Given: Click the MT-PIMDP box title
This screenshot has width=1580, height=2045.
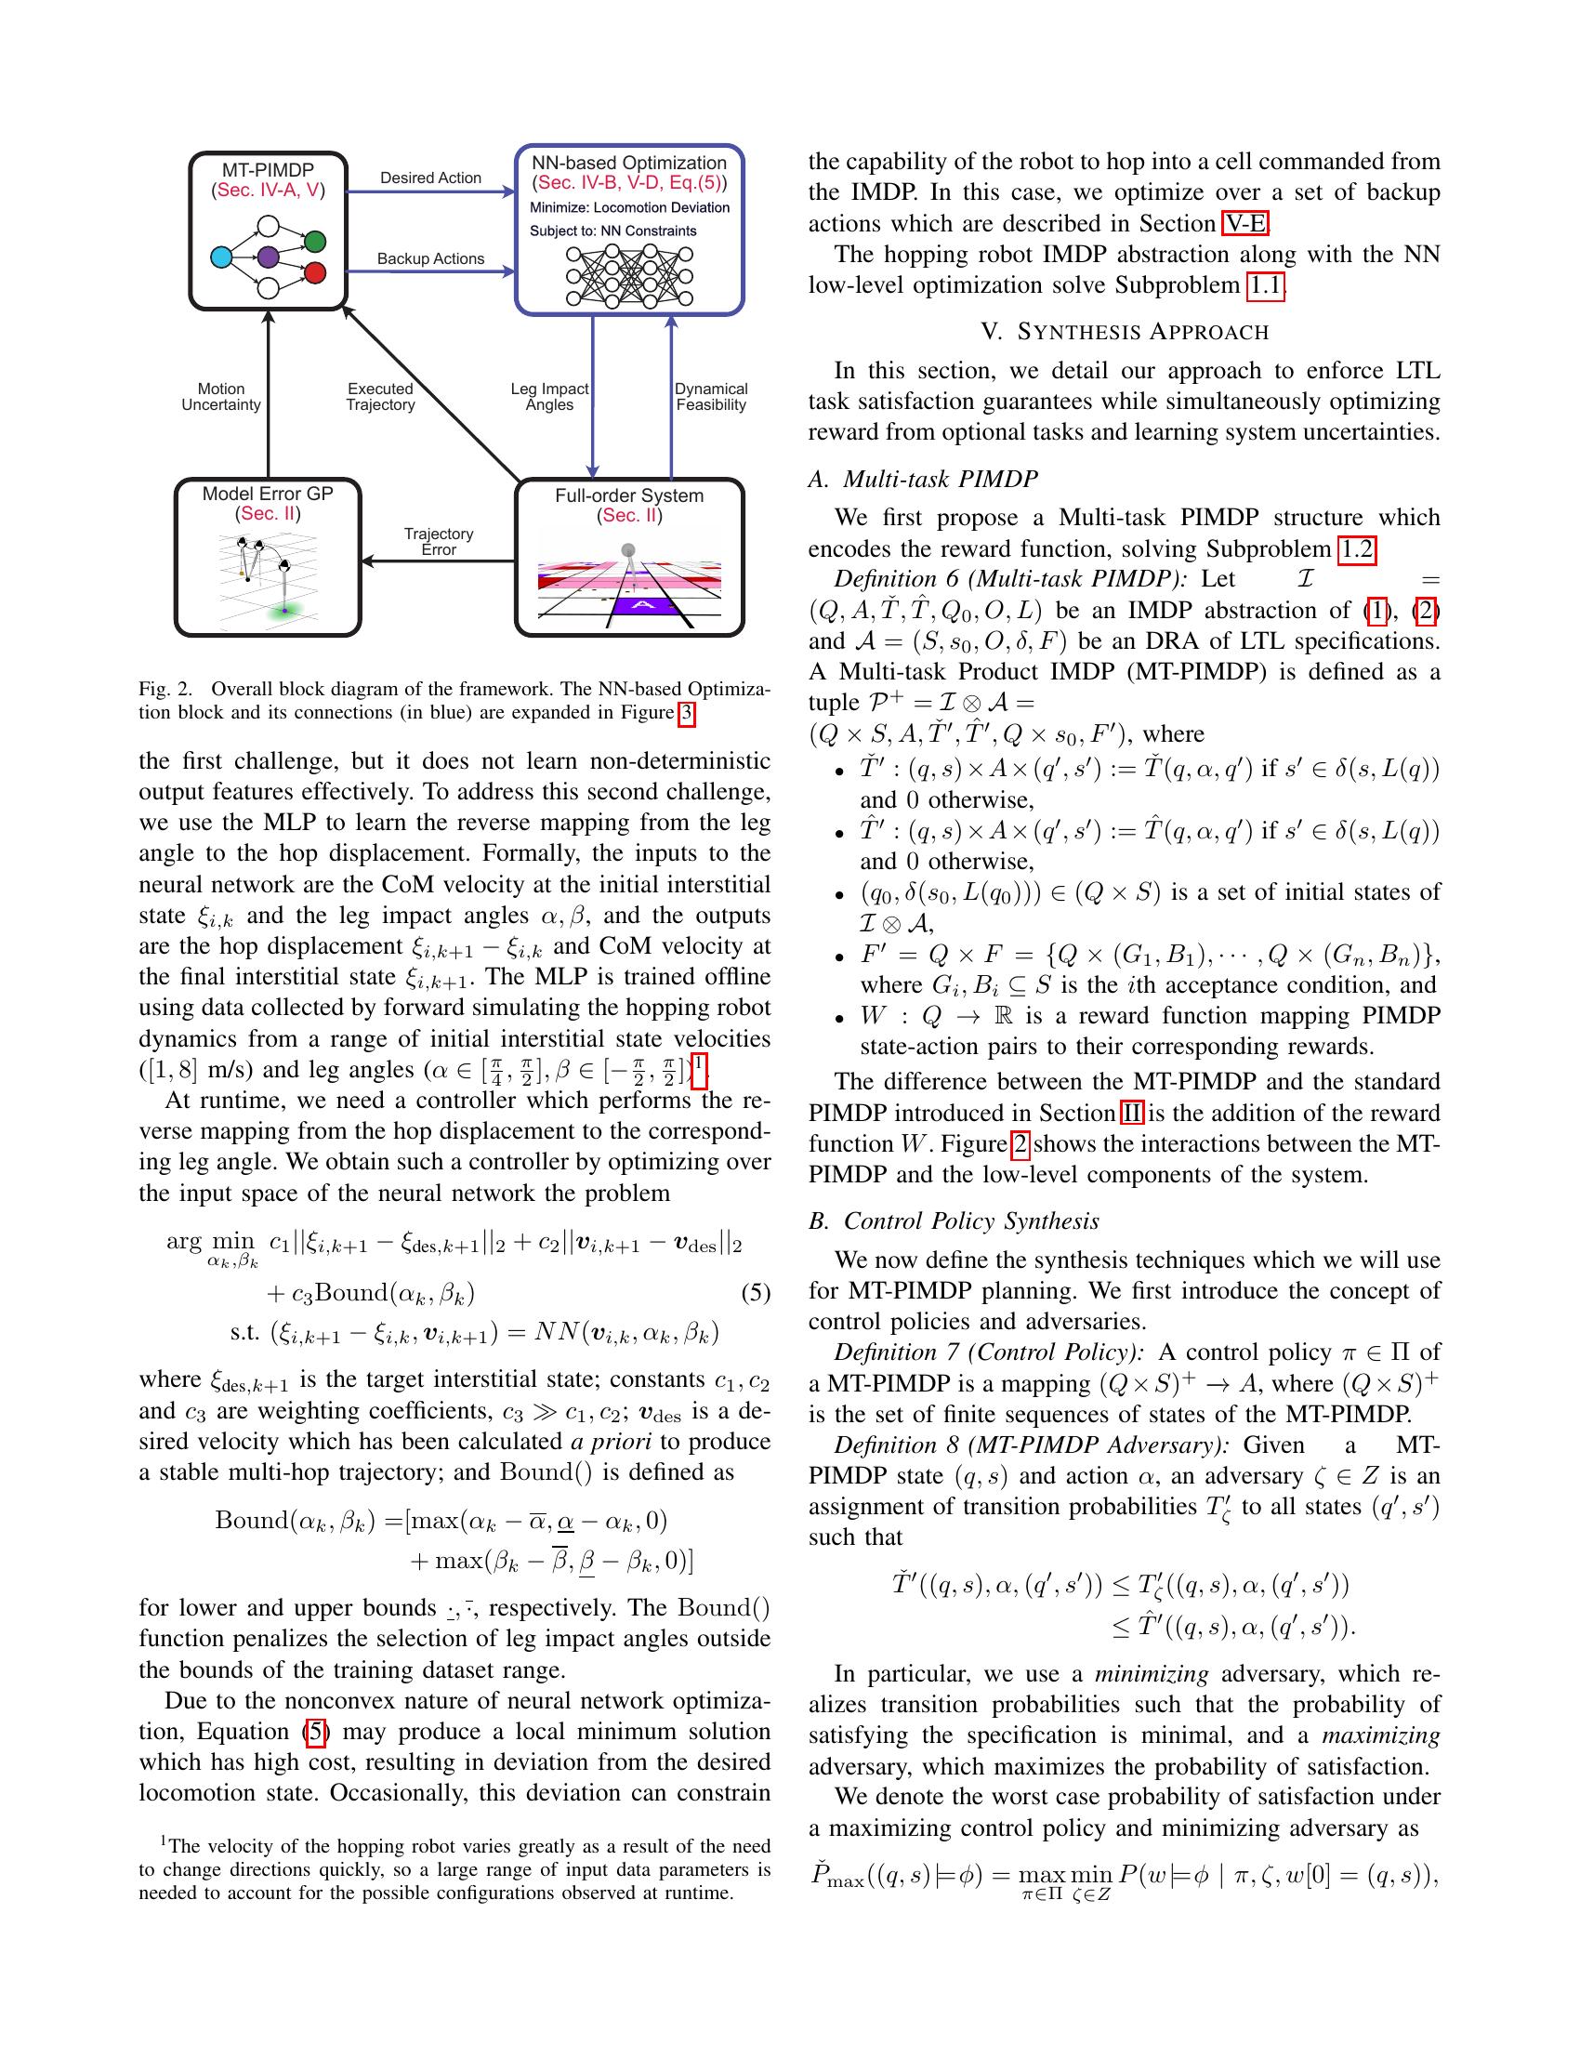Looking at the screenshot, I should pyautogui.click(x=268, y=169).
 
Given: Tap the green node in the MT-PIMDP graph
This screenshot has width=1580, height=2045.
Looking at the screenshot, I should pyautogui.click(x=315, y=242).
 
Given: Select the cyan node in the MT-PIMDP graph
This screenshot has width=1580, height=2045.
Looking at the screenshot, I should pyautogui.click(x=221, y=257).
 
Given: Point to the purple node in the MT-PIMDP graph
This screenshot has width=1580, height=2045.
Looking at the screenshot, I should pyautogui.click(x=268, y=257).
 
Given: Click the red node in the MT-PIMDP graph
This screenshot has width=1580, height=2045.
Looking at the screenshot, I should pyautogui.click(x=315, y=272).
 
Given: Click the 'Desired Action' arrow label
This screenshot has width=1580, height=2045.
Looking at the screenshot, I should pyautogui.click(x=430, y=178).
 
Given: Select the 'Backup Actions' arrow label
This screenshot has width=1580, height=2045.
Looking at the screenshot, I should pyautogui.click(x=430, y=258).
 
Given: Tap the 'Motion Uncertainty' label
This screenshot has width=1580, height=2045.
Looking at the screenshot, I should pyautogui.click(x=221, y=396).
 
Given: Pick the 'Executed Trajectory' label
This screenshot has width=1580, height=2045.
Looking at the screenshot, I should pyautogui.click(x=380, y=396).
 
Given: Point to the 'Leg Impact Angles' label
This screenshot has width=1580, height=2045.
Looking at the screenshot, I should pyautogui.click(x=549, y=396).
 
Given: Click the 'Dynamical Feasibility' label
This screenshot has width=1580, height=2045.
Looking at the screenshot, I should pyautogui.click(x=710, y=396).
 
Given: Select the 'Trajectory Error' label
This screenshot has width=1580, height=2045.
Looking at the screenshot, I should pyautogui.click(x=438, y=541).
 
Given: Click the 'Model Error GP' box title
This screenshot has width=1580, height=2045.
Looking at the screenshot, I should pyautogui.click(x=268, y=494).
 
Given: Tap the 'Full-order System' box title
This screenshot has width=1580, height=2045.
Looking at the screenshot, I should pyautogui.click(x=629, y=495).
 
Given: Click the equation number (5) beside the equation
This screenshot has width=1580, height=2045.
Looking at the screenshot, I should pyautogui.click(x=756, y=1293).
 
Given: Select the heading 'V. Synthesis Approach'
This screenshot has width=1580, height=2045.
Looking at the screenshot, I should pyautogui.click(x=1125, y=332).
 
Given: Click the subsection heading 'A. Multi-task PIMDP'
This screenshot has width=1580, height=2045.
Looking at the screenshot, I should pyautogui.click(x=923, y=479).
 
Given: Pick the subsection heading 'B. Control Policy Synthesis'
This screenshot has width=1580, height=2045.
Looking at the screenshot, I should pyautogui.click(x=953, y=1221).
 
